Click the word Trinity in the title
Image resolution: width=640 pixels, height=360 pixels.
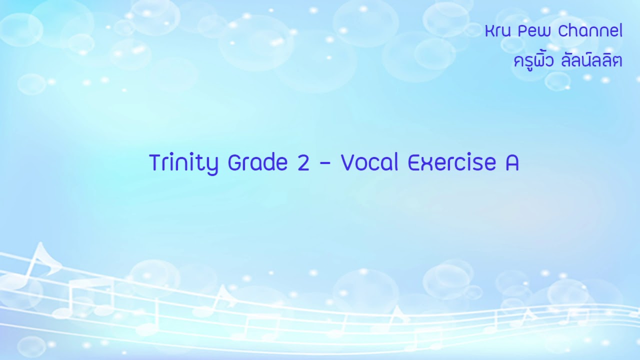point(183,163)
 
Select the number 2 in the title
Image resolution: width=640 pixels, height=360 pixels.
point(303,163)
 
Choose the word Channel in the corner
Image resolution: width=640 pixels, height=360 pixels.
point(590,31)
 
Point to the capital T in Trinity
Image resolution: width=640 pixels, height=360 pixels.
point(155,163)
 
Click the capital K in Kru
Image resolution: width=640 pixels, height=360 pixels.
point(489,31)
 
